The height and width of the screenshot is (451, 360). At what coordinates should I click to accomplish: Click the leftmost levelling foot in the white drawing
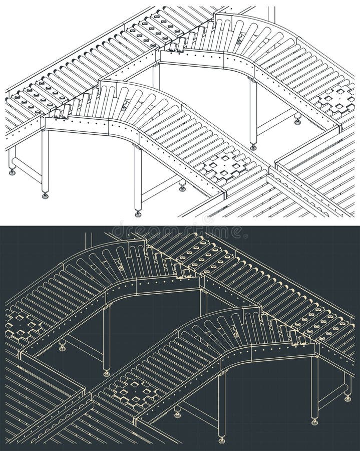tap(12, 172)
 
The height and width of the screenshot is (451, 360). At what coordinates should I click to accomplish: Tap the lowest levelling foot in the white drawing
tap(138, 214)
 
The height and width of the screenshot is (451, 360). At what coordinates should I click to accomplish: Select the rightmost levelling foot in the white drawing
tap(297, 122)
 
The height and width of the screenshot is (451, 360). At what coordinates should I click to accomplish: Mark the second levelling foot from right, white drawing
tap(253, 147)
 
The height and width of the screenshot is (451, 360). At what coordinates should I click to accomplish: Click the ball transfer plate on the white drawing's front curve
tap(225, 166)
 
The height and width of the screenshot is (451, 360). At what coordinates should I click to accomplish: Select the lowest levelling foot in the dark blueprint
tap(221, 440)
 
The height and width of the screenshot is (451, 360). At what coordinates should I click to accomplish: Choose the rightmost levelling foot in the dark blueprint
tap(347, 398)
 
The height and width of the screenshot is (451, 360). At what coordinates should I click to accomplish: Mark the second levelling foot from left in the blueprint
tap(106, 373)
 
